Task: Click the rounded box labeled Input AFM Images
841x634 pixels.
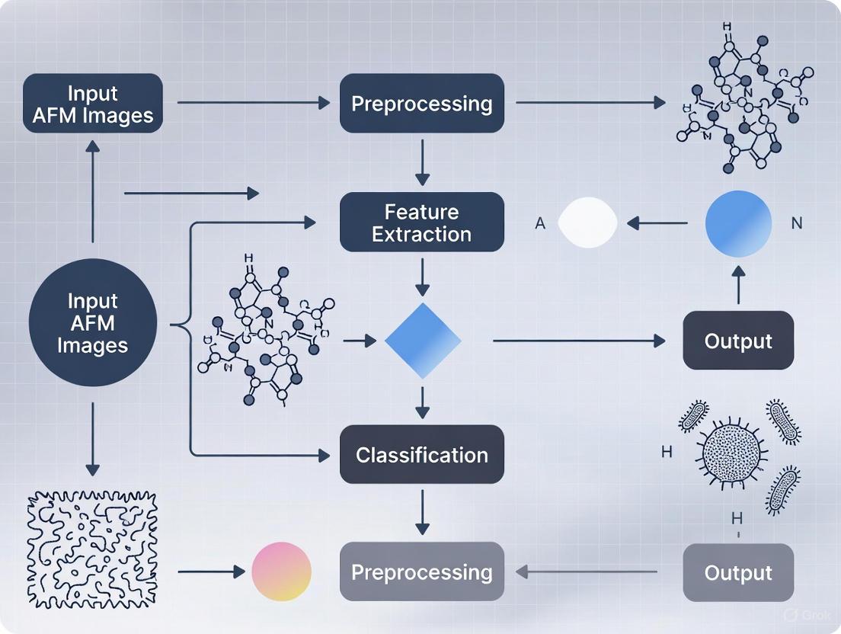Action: tap(93, 104)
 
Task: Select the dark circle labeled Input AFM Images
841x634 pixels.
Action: tap(93, 322)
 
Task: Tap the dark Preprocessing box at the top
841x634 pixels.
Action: tap(421, 104)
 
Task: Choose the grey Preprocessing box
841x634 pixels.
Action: tap(421, 572)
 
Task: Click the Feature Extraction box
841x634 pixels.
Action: tap(421, 222)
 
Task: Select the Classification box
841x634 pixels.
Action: tap(421, 455)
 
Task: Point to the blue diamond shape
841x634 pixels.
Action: tap(423, 341)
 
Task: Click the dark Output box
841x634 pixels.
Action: tap(738, 341)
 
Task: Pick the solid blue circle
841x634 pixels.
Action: tap(738, 223)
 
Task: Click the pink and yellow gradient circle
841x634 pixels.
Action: tap(282, 572)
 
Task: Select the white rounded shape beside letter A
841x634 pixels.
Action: tap(587, 223)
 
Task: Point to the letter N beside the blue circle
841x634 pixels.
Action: tap(797, 224)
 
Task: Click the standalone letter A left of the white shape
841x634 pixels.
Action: tap(540, 225)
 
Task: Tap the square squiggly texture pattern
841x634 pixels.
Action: tap(92, 548)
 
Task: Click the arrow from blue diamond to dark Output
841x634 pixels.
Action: tap(579, 341)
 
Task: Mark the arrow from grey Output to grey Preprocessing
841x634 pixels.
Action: tap(587, 572)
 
